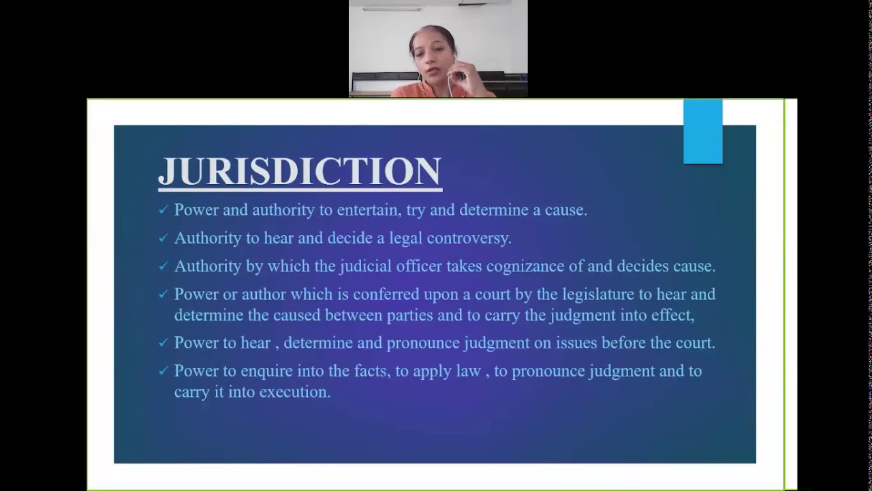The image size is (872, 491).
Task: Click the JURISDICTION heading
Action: [300, 171]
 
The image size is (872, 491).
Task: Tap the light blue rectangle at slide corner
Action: [702, 132]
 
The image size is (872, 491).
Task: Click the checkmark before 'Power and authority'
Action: [163, 211]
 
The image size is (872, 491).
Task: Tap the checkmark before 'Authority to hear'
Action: [163, 239]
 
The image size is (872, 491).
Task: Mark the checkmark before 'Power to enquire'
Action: [163, 372]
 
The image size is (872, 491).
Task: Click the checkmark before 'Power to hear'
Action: [163, 343]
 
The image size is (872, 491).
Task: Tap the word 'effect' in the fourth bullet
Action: [673, 315]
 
